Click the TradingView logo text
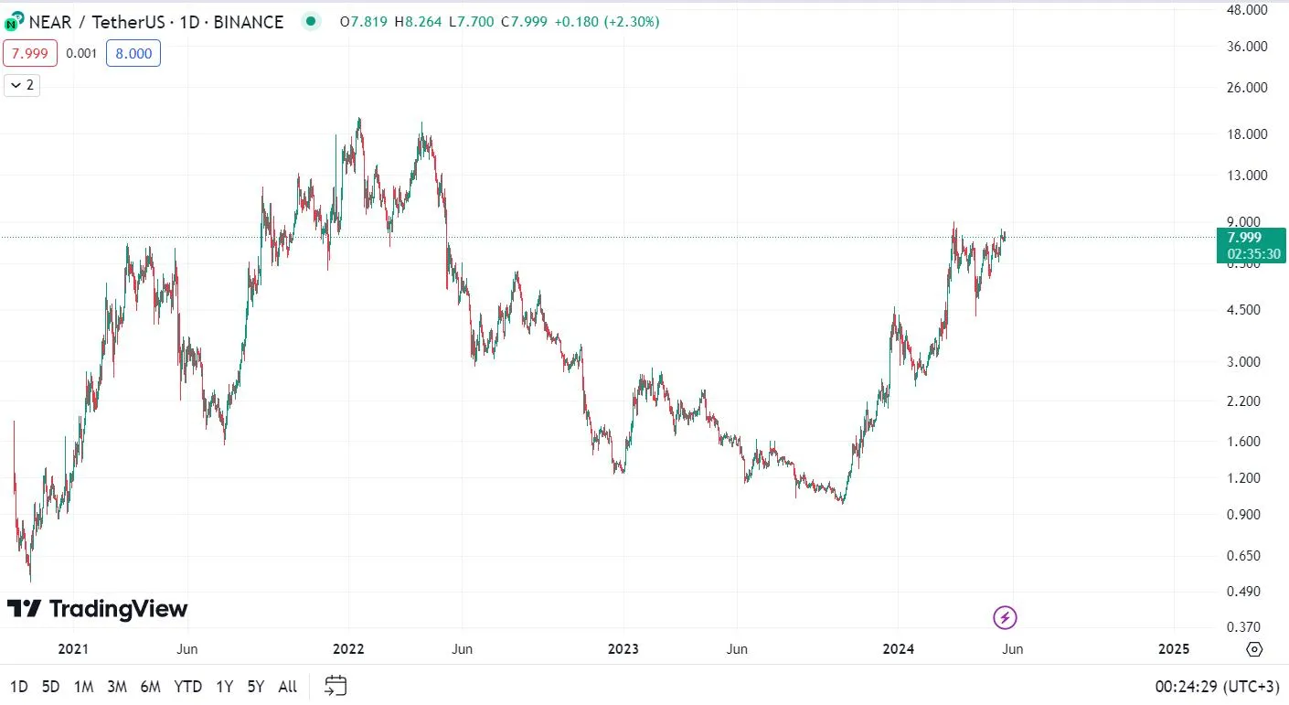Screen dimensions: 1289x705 point(118,609)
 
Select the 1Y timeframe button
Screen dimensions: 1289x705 point(224,687)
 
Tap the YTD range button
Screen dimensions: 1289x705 point(187,687)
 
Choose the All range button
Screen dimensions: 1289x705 point(287,687)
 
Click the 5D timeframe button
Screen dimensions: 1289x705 point(50,687)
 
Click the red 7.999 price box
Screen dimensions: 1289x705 point(30,54)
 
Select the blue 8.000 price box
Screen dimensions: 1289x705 point(133,54)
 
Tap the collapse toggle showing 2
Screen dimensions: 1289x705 point(22,85)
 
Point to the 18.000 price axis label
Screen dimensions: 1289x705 point(1247,134)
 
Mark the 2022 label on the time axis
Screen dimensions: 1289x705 point(348,649)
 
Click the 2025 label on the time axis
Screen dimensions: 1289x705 point(1173,649)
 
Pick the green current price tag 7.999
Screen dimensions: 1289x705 point(1251,246)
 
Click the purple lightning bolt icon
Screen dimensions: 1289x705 point(1005,618)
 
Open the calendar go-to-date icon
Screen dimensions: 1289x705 point(336,686)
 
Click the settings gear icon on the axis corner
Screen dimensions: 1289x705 point(1254,649)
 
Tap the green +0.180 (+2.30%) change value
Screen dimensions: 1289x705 point(606,22)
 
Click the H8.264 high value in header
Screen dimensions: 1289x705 point(418,22)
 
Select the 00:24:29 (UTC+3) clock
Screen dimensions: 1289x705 point(1217,687)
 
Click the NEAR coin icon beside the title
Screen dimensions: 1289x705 point(14,22)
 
